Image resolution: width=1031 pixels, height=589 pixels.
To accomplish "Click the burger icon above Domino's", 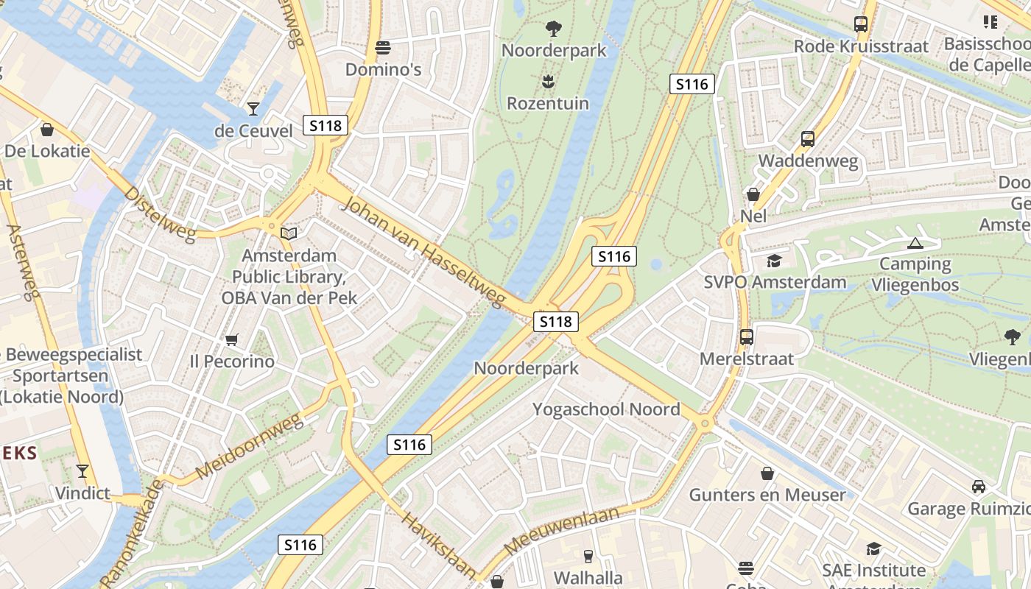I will [x=382, y=49].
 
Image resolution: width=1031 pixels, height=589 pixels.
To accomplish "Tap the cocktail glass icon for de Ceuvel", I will [x=253, y=109].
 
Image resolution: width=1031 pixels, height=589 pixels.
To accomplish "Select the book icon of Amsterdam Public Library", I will [x=289, y=234].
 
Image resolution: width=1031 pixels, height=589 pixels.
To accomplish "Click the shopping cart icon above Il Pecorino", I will [x=232, y=339].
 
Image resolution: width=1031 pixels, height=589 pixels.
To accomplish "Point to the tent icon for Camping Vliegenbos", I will [x=915, y=243].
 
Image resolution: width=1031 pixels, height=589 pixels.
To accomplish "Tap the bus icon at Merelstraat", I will [x=747, y=337].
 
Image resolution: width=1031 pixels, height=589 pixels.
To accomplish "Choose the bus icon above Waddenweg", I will [x=808, y=138].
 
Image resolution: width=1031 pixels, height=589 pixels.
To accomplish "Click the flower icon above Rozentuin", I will [x=547, y=80].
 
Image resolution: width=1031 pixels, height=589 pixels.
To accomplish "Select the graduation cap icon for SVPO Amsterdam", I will [x=774, y=261].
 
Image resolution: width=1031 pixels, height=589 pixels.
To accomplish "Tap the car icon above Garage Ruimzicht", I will [x=979, y=487].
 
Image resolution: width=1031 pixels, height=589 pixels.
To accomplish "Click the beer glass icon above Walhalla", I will [x=588, y=556].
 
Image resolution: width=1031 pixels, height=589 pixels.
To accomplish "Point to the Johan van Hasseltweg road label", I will [x=423, y=252].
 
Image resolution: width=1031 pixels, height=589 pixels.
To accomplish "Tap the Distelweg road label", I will [x=160, y=214].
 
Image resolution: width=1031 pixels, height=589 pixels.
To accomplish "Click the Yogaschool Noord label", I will [x=606, y=409].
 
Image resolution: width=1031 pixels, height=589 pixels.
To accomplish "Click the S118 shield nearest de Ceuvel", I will [x=326, y=125].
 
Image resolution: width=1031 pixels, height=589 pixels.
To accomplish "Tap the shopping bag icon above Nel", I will [x=753, y=194].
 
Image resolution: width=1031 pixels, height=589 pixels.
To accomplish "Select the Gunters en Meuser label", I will [x=767, y=495].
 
